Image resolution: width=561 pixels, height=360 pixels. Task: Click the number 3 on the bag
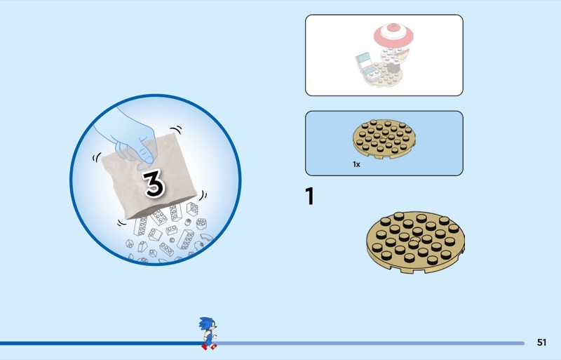click(x=154, y=183)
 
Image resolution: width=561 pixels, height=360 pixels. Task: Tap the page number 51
click(x=541, y=342)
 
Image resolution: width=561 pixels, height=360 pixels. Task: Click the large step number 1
click(x=310, y=196)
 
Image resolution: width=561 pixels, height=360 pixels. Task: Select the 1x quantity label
click(x=356, y=164)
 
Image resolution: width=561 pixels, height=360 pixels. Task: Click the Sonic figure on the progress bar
click(x=208, y=333)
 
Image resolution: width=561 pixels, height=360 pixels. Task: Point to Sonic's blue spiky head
click(x=207, y=324)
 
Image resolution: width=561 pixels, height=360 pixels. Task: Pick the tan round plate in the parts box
click(x=384, y=139)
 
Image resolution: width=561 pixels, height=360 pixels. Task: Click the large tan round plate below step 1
click(x=415, y=242)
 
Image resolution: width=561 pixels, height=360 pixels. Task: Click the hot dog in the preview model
click(x=403, y=54)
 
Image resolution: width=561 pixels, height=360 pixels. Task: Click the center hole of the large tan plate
click(x=416, y=239)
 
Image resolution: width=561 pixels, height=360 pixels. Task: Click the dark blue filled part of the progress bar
click(x=100, y=343)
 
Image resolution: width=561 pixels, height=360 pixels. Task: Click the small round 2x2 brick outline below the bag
click(x=201, y=223)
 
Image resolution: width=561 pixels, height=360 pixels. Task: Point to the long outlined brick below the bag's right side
click(x=186, y=239)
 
